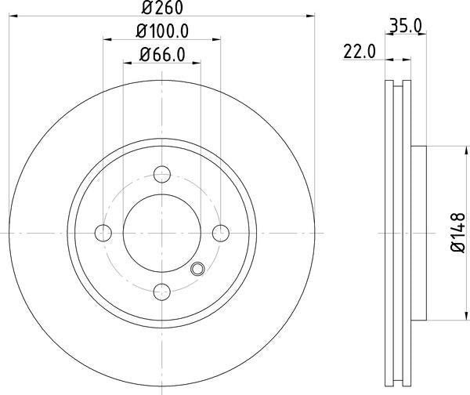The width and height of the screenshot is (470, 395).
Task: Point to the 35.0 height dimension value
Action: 406,25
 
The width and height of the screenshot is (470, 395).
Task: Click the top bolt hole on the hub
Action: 162,174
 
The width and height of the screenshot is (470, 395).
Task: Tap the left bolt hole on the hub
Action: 103,232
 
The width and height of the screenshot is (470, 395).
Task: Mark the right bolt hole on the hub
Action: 221,232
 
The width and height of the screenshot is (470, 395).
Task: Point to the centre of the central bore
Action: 162,232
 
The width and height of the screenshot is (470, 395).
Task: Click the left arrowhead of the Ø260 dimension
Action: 14,15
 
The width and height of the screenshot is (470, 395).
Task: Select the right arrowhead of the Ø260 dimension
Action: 311,15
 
